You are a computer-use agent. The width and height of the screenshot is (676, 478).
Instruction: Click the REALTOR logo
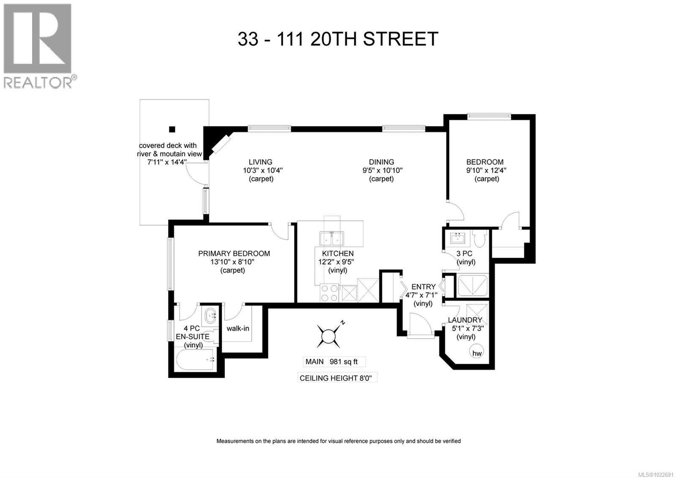pos(38,45)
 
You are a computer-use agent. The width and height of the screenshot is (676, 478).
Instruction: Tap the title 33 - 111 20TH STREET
pos(338,39)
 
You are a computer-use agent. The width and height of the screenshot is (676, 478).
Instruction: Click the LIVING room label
pos(260,162)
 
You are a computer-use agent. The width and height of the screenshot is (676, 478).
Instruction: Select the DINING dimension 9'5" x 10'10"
pos(381,170)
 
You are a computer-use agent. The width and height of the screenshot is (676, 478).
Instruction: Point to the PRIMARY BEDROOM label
pos(234,253)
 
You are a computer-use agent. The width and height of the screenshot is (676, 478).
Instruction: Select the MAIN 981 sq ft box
pos(334,362)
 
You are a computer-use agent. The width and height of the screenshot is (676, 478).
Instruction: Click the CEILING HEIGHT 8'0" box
pos(337,378)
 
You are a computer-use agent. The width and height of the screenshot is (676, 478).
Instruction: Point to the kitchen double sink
pos(332,239)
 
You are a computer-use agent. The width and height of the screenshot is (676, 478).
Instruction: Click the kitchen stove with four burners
pos(330,293)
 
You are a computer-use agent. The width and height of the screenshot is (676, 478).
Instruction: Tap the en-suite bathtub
pos(195,360)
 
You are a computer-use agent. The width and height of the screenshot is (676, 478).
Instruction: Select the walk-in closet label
pos(237,328)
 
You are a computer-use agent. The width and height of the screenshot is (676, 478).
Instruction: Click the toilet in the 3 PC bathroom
pos(479,239)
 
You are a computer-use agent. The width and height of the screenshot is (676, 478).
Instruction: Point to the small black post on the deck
pos(172,129)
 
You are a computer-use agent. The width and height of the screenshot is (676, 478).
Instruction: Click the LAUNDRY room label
pos(465,320)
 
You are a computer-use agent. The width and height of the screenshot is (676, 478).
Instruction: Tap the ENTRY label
pos(423,287)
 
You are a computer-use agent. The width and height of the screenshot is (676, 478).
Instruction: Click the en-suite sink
pos(210,314)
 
